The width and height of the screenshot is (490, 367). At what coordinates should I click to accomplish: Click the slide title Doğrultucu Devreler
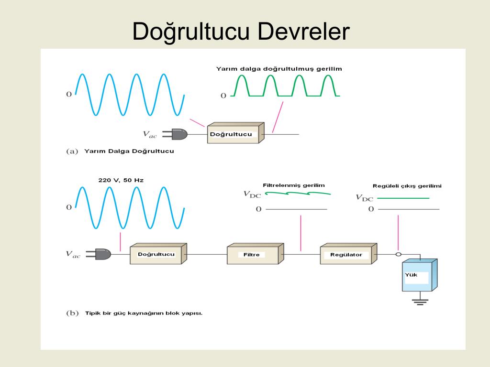tap(241, 32)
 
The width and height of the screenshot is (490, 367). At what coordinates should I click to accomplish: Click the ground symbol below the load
tap(420, 302)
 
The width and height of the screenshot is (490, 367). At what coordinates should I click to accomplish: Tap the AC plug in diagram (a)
tap(176, 135)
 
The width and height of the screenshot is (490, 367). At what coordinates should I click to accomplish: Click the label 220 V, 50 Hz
tap(121, 180)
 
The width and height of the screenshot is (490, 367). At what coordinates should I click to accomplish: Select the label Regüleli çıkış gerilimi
tap(407, 186)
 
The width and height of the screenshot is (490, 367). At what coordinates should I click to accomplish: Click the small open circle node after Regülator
tap(398, 254)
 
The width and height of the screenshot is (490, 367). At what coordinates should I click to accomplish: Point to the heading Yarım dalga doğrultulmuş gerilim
tap(279, 69)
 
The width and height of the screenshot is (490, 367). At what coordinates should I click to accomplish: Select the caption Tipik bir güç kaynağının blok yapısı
tap(144, 313)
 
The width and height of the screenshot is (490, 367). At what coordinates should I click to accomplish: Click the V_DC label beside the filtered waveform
tap(252, 194)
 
